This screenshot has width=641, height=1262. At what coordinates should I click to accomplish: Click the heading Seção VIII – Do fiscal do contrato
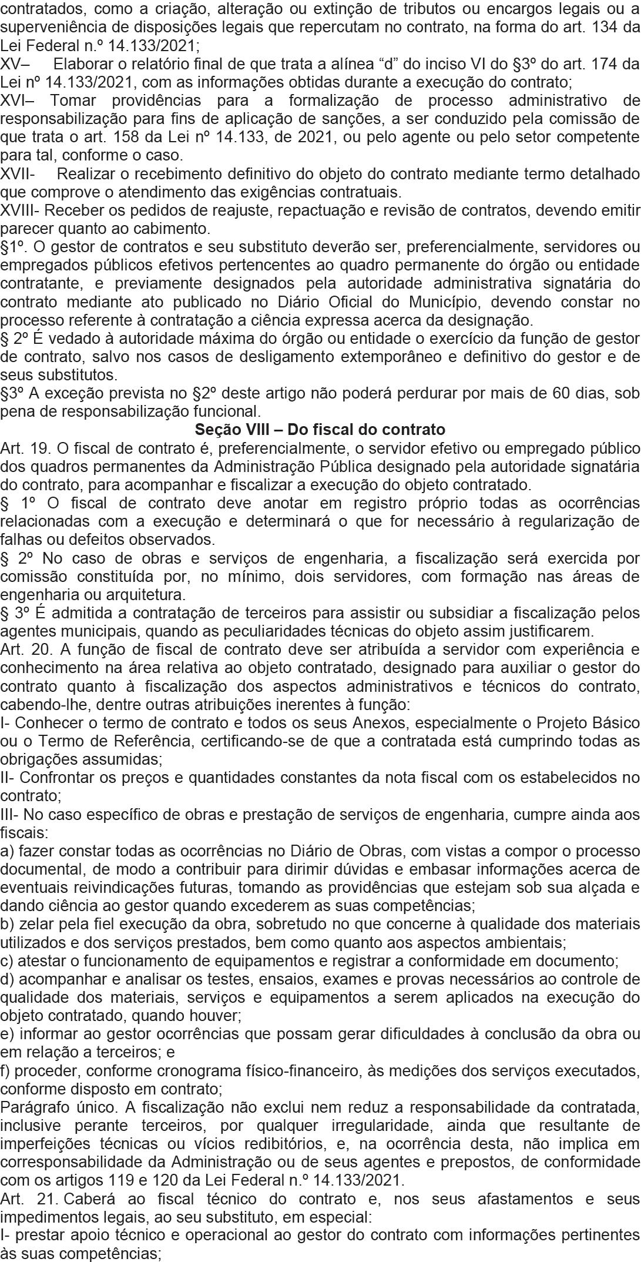[x=320, y=430]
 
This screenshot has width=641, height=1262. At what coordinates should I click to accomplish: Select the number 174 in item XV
[x=608, y=63]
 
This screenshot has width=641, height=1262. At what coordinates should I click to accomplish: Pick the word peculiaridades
[x=302, y=631]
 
